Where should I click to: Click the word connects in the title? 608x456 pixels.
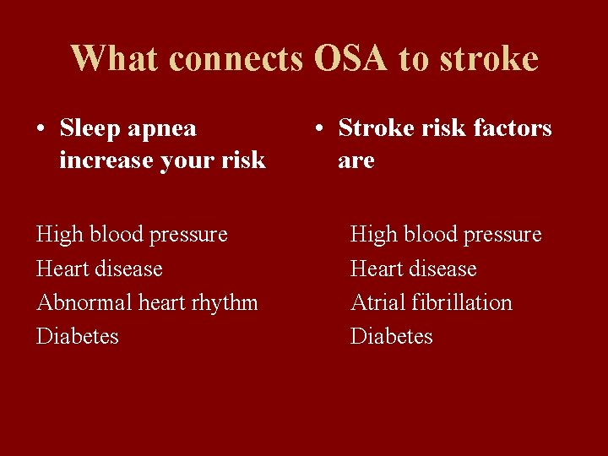point(237,58)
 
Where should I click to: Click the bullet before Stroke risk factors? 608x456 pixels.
point(318,129)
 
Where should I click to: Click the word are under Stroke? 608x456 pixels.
point(356,160)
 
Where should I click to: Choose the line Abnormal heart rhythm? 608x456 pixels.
point(147,302)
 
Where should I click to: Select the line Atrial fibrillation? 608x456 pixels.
point(431,302)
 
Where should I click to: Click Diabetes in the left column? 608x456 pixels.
point(78,336)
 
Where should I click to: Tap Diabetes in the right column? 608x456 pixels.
point(391,336)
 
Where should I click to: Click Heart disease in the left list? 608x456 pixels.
point(99,269)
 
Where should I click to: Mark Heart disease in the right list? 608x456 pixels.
point(413,269)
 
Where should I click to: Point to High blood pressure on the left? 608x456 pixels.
point(132,234)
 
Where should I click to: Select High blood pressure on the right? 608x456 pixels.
point(446,234)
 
